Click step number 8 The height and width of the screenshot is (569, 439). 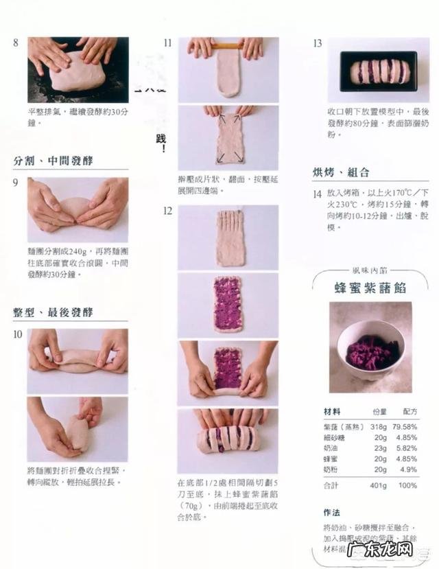pos(16,43)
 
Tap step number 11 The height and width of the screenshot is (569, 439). pos(167,43)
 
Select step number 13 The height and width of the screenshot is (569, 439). pos(318,43)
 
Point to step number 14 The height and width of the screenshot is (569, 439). pos(318,194)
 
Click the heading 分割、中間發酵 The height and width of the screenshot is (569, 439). pos(54,161)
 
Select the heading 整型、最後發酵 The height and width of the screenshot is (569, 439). pos(54,312)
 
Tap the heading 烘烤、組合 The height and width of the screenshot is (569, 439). pos(341,172)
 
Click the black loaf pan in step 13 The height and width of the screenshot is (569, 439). pos(379,71)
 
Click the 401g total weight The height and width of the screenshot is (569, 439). pos(378,485)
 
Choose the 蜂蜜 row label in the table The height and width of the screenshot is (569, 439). pos(331,459)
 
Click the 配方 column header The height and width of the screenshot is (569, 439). pos(410,411)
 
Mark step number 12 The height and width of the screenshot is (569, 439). pos(167,211)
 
